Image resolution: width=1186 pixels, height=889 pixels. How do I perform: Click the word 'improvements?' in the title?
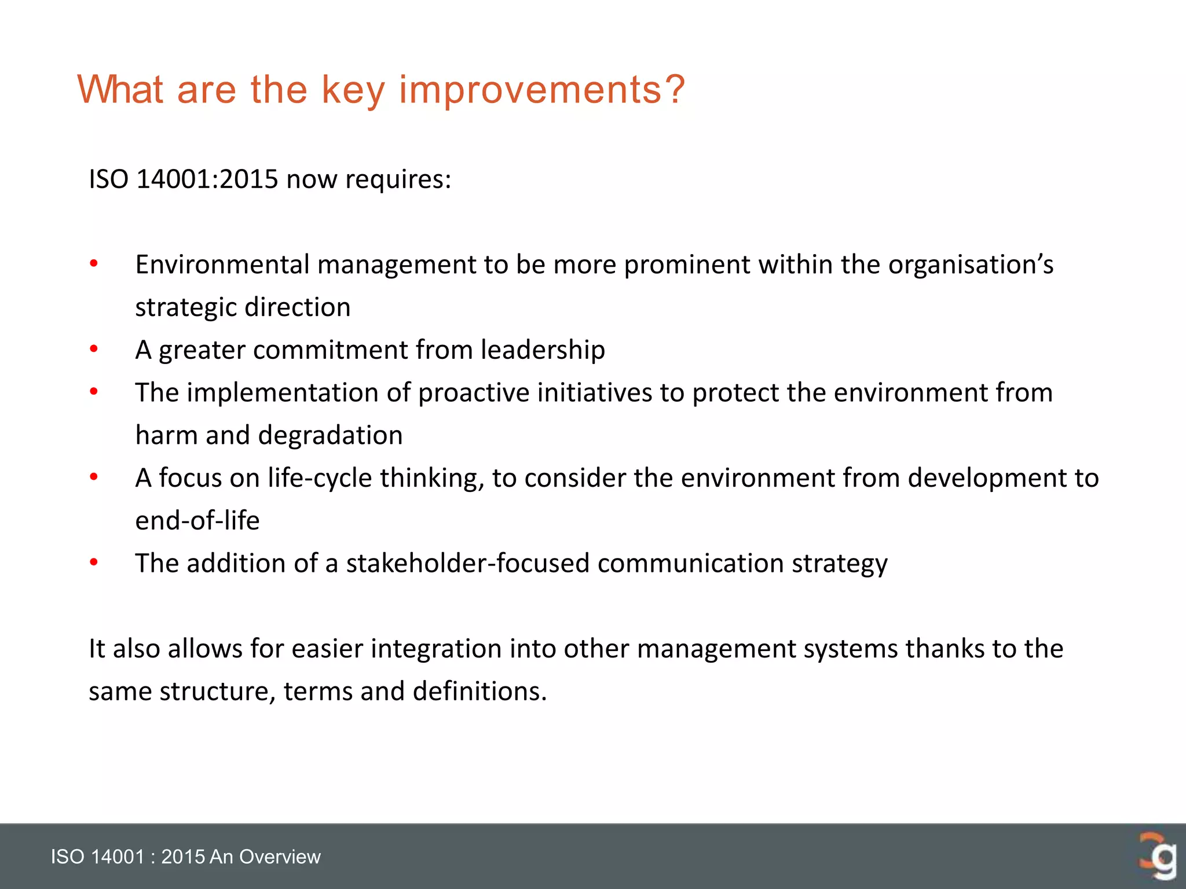click(542, 90)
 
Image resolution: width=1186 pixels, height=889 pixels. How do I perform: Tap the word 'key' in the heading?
click(353, 91)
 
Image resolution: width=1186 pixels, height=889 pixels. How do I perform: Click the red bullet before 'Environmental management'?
click(94, 265)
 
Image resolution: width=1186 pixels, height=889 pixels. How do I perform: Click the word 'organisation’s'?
click(971, 265)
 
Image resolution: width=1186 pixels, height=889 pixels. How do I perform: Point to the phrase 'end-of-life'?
click(197, 520)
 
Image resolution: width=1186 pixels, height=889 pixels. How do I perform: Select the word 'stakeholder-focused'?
click(468, 563)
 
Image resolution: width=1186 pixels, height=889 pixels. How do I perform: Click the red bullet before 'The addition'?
click(94, 563)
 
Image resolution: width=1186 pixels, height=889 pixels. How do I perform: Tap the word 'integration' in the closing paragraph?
click(436, 649)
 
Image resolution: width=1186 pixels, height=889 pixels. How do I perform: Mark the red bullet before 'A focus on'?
click(94, 477)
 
